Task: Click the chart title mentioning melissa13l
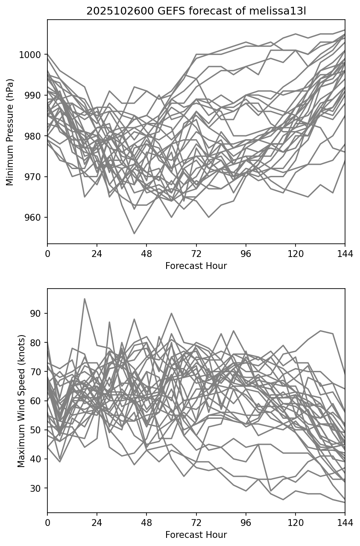[196, 11]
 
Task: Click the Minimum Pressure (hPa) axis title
[10, 132]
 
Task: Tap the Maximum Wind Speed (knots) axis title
[21, 400]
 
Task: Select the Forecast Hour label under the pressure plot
[196, 266]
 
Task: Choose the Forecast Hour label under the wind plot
[196, 535]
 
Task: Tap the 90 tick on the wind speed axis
[38, 313]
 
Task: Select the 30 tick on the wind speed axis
[38, 488]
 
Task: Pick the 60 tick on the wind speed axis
[38, 401]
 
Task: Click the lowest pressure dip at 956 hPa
[134, 234]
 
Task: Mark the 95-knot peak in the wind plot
[85, 299]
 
